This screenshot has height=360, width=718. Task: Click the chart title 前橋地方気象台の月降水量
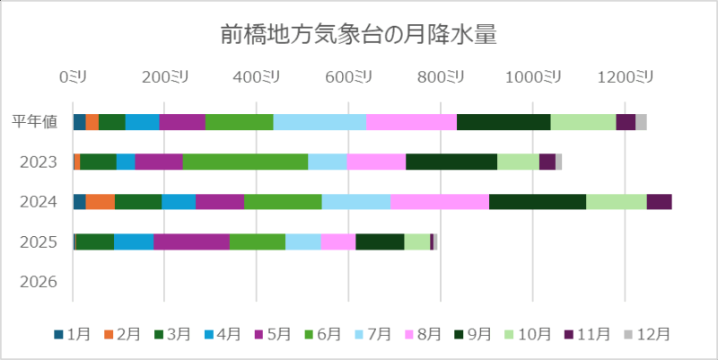coord(359,34)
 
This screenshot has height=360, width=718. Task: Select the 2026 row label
coord(40,282)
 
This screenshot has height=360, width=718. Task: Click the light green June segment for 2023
coord(245,162)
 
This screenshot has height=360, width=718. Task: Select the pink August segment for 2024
coord(440,201)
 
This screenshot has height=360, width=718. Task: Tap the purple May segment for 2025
coord(191,241)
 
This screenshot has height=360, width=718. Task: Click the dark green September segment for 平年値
coord(503,122)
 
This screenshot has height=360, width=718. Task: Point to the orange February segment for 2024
coord(101,201)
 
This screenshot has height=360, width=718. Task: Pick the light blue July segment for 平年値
coord(320,122)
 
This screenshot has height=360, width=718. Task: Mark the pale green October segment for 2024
coord(617,201)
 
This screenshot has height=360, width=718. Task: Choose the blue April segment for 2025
coord(134,241)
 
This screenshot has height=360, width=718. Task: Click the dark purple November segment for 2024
coord(659,201)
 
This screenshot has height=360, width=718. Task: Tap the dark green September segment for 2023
coord(451,162)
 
